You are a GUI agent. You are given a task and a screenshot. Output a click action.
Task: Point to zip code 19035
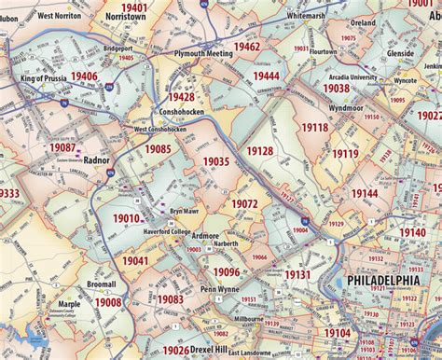point(215,161)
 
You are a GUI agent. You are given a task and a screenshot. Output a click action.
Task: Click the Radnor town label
point(96,160)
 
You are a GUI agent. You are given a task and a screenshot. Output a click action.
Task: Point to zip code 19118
point(314,128)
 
